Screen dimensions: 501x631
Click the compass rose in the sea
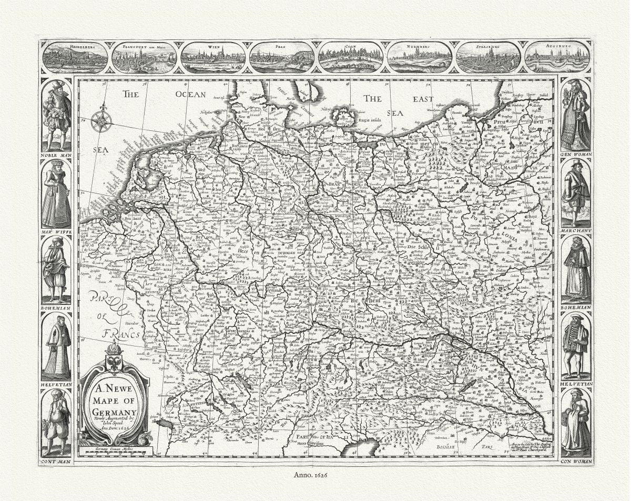[101, 120]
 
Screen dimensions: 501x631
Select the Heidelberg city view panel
[75, 57]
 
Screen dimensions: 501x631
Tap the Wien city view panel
[213, 57]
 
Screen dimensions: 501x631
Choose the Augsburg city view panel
[557, 57]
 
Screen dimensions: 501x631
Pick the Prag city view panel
[282, 57]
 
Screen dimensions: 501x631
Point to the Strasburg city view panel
[488, 57]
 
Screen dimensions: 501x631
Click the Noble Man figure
[57, 115]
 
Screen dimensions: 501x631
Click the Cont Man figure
[57, 424]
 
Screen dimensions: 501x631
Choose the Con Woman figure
[575, 424]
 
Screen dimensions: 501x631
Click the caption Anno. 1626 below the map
[315, 475]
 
